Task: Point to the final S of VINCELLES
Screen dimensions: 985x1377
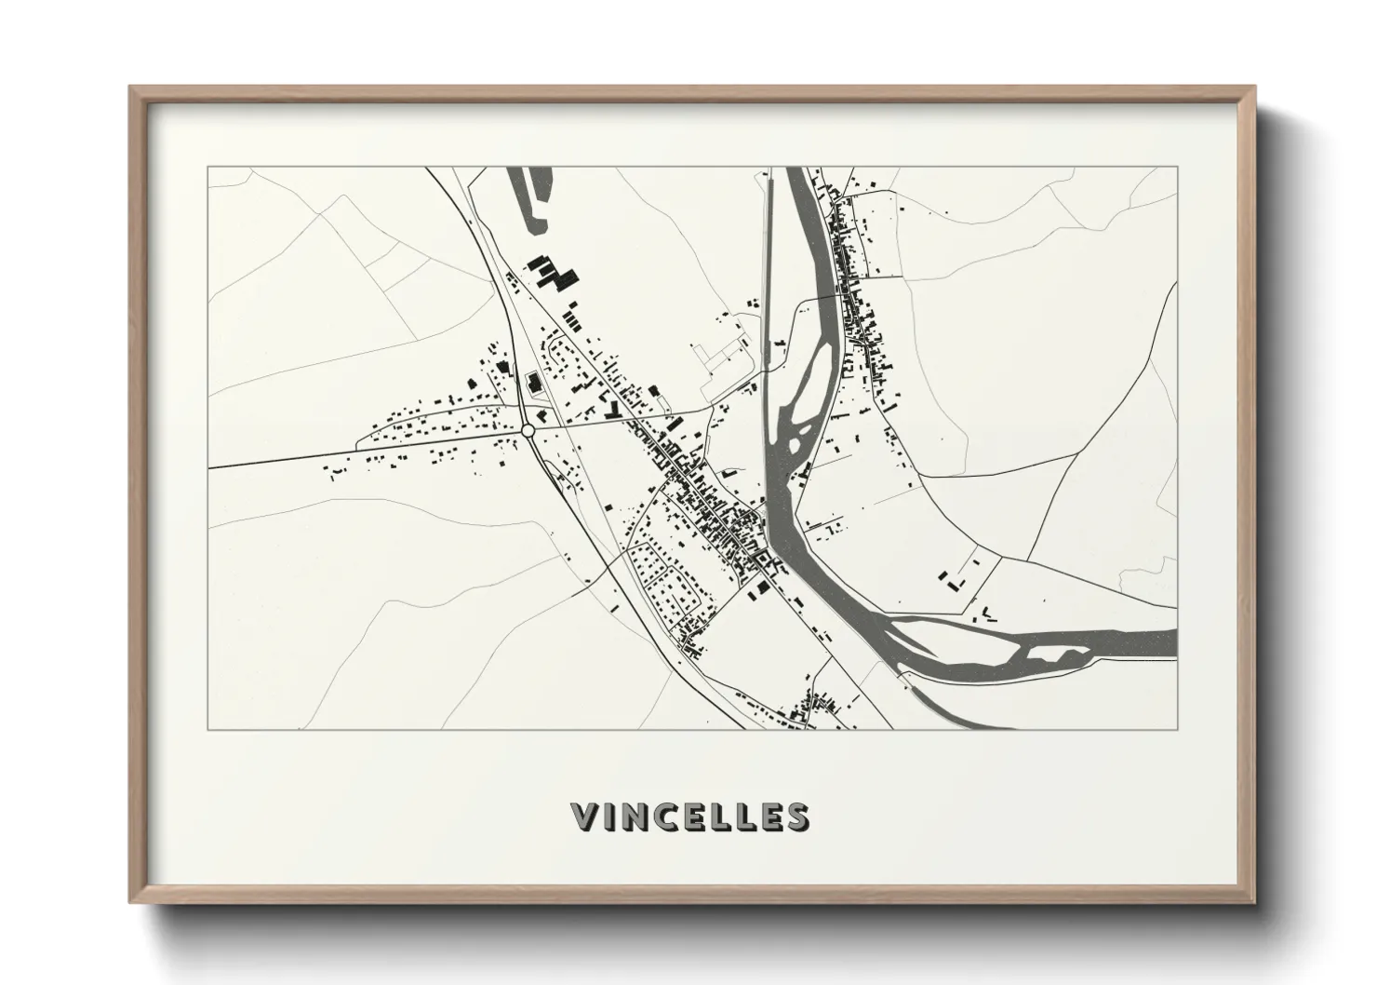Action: pos(795,816)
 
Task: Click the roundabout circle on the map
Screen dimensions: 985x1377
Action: pos(528,431)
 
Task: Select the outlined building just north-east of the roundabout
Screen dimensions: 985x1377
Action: pos(533,383)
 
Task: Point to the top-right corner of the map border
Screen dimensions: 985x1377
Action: pos(1176,168)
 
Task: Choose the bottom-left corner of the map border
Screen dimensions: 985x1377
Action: pos(208,729)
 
